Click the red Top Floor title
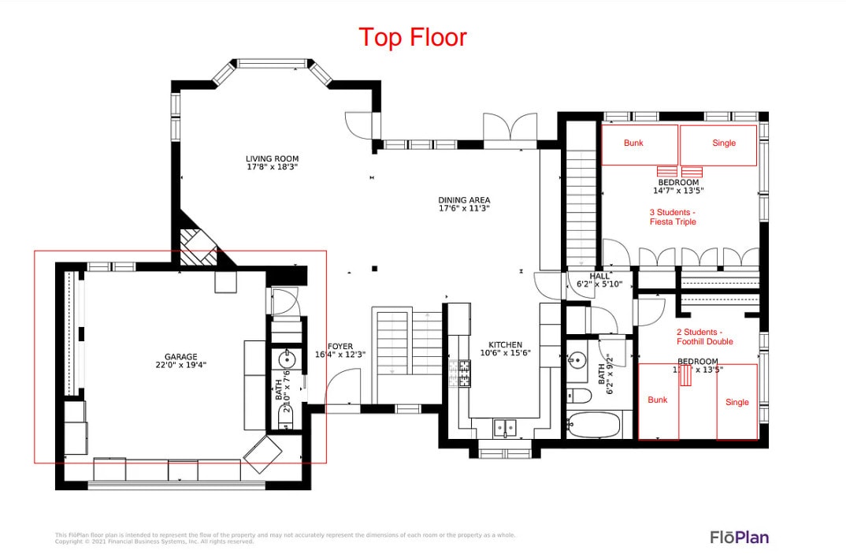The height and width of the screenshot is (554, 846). (413, 37)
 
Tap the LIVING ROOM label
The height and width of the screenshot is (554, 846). (272, 163)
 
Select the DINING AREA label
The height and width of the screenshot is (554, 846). (464, 204)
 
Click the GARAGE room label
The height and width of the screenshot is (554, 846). (180, 360)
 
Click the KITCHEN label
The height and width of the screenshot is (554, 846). (505, 349)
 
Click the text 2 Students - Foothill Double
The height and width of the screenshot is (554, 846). (704, 336)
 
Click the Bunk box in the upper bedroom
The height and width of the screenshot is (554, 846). (640, 145)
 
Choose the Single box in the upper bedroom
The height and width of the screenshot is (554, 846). (718, 145)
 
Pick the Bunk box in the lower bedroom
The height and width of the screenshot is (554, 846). (658, 401)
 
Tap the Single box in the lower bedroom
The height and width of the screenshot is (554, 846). (737, 402)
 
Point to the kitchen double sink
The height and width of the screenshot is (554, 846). (504, 428)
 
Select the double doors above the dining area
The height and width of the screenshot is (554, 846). (510, 128)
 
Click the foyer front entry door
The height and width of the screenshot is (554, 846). (340, 389)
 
